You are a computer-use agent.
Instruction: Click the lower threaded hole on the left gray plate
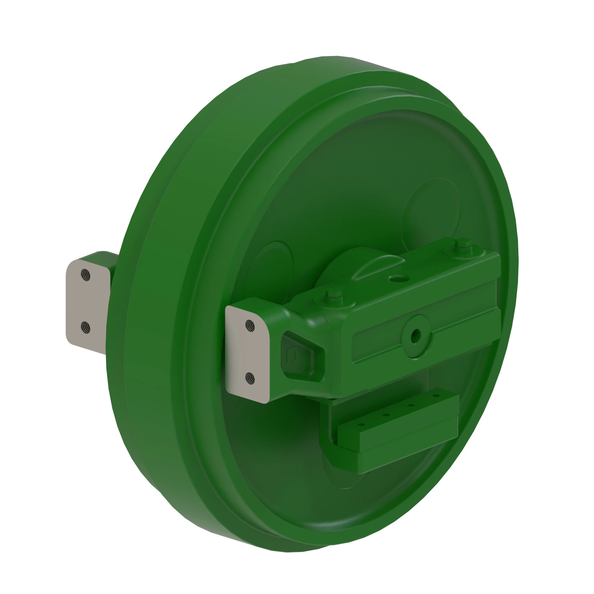pos(86,327)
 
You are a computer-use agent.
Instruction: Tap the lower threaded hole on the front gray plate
pos(251,378)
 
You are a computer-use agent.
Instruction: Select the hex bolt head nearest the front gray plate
pos(334,294)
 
